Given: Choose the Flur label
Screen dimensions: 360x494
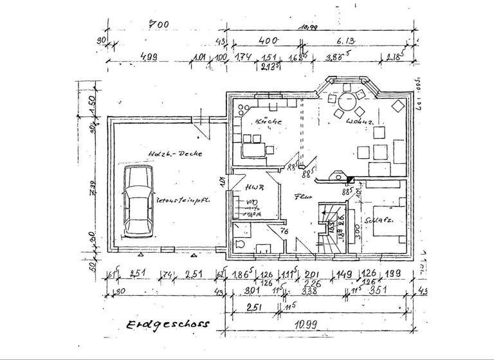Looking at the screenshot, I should pyautogui.click(x=304, y=197).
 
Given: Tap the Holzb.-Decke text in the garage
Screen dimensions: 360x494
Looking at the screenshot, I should pyautogui.click(x=175, y=154).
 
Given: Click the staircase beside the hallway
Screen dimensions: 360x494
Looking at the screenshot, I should pyautogui.click(x=331, y=228).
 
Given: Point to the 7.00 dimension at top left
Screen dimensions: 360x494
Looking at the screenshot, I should pyautogui.click(x=159, y=24).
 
